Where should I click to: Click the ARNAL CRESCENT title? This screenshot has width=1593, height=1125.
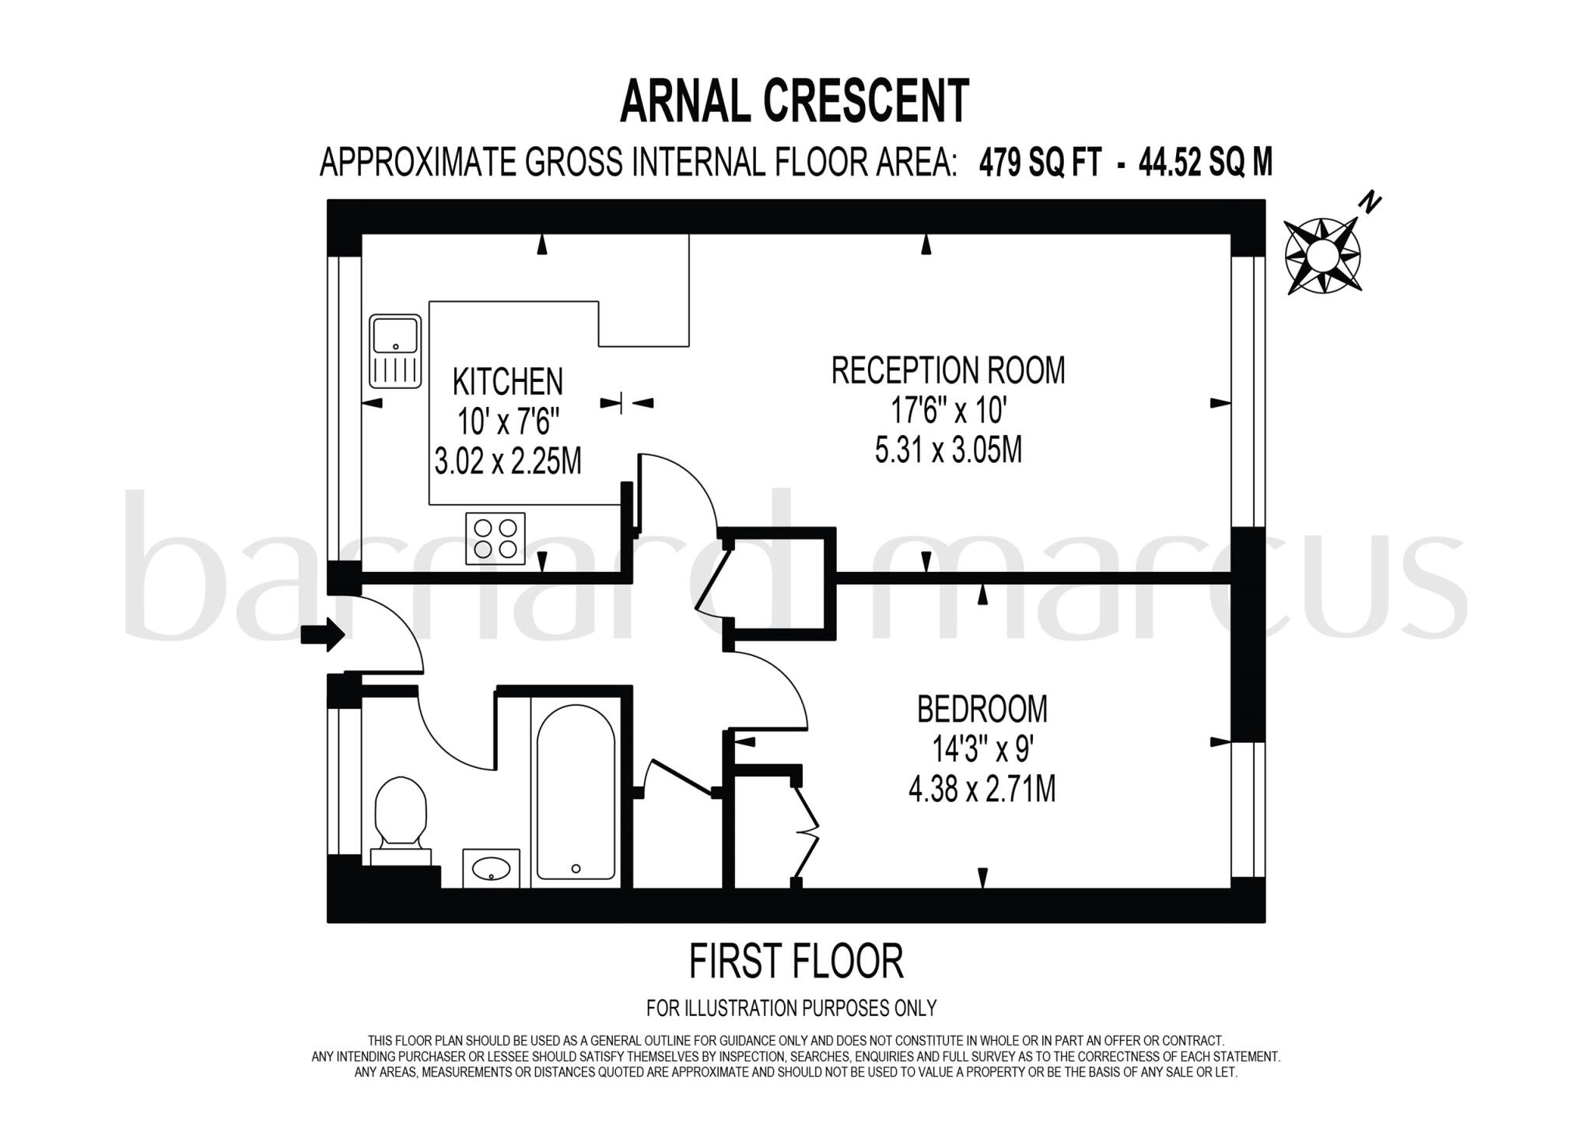coord(795,100)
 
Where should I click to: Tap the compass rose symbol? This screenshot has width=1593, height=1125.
coord(1322,255)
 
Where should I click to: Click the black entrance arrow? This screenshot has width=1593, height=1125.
coord(323,635)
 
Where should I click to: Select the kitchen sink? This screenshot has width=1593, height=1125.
coord(395,351)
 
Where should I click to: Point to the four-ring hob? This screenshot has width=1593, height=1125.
coord(495,538)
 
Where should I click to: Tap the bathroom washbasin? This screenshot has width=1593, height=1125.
coord(492,867)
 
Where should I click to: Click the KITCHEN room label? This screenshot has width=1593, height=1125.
coord(508,382)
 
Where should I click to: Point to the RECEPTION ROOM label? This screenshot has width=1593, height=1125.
coord(948,370)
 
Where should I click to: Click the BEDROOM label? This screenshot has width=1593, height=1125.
coord(982,710)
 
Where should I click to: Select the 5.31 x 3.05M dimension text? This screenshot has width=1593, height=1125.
coord(948,450)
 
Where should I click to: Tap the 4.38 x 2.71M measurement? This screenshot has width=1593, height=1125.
coord(982,790)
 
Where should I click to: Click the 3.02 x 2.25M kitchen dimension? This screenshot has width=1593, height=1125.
coord(508,462)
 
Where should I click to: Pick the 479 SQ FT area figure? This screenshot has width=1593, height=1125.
coord(1040,163)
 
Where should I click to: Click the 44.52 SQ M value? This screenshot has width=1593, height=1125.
coord(1206,163)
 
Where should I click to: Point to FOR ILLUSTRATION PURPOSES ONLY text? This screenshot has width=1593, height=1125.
coord(791,1008)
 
